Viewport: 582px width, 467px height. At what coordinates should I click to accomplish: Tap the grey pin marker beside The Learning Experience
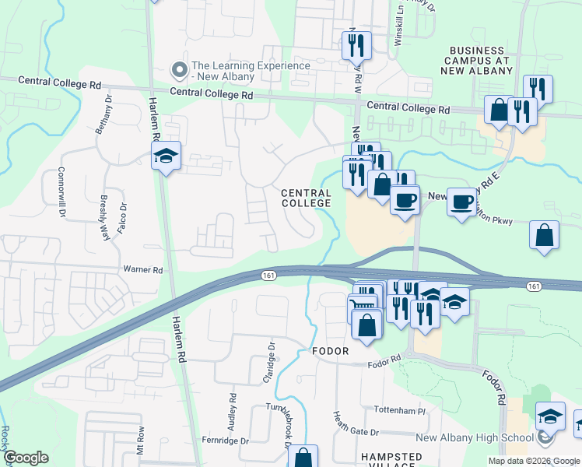tap(181, 70)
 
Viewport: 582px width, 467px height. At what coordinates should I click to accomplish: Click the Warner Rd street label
tap(142, 270)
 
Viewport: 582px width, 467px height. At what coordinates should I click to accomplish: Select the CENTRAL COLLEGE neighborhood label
tap(306, 198)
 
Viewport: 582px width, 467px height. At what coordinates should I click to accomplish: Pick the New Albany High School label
tap(475, 437)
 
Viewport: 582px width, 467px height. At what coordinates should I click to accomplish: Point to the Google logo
tap(26, 457)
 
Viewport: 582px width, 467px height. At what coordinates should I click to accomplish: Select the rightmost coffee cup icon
tap(461, 203)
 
